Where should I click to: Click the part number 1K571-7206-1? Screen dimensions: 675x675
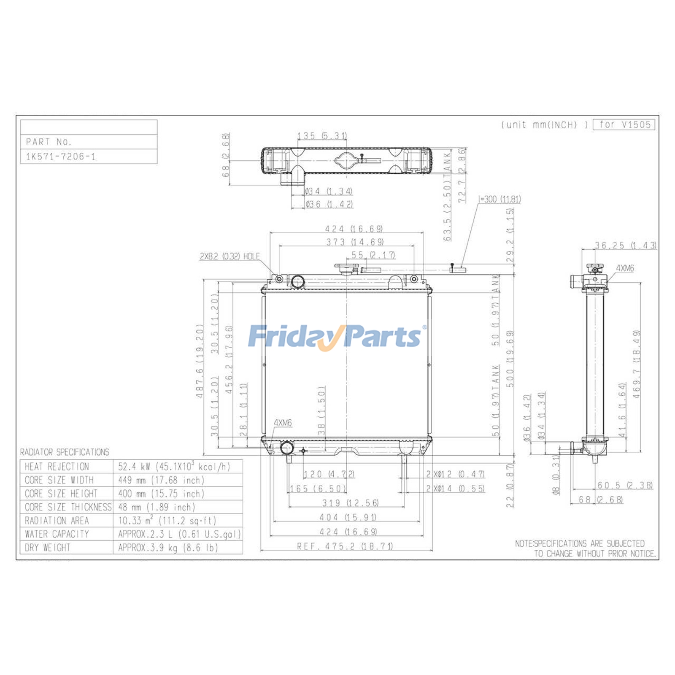click(x=61, y=157)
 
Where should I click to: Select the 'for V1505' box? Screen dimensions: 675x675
click(x=624, y=124)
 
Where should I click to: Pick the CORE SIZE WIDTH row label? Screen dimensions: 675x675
click(x=59, y=480)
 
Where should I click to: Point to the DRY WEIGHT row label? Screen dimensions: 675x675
click(x=47, y=548)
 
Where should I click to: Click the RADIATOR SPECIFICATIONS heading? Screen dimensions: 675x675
click(x=65, y=452)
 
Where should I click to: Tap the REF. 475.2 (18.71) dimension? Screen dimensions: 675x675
click(x=345, y=546)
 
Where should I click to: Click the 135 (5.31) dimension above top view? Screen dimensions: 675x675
click(x=322, y=136)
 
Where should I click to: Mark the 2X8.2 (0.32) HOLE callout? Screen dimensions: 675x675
click(x=229, y=256)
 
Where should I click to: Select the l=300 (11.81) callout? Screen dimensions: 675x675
click(x=499, y=199)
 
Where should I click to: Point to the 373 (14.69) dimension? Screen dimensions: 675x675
click(x=355, y=242)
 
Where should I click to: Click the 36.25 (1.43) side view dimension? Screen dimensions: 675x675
click(x=625, y=245)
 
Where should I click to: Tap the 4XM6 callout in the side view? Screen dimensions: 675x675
click(x=625, y=268)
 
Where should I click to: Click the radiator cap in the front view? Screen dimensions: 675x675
click(x=346, y=268)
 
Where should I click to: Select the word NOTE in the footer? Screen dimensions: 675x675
click(x=524, y=543)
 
